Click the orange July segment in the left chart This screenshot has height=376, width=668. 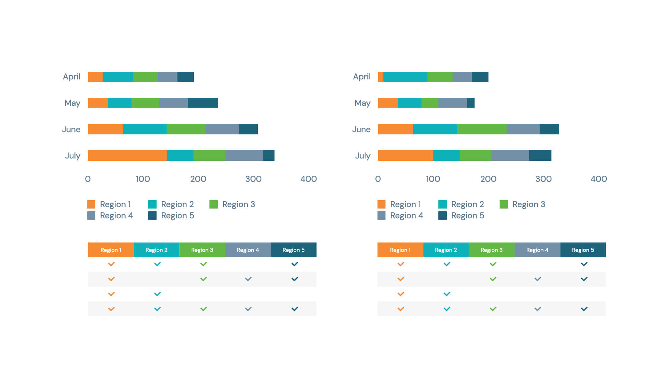tap(127, 155)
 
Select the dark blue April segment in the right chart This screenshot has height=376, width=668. tap(480, 77)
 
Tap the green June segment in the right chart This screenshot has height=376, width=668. tap(481, 129)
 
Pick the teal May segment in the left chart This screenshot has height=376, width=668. tap(119, 103)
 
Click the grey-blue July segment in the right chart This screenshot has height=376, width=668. tap(510, 155)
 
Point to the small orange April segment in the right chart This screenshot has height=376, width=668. tap(381, 77)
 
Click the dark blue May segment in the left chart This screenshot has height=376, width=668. tap(203, 103)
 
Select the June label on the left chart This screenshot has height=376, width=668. tap(71, 130)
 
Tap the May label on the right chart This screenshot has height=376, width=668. tap(362, 103)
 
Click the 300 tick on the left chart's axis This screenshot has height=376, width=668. tap(253, 179)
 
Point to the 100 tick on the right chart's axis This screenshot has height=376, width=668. tap(433, 179)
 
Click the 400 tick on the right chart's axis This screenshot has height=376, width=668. tap(598, 179)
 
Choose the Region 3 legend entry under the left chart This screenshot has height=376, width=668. tap(232, 204)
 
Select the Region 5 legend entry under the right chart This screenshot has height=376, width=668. tap(461, 216)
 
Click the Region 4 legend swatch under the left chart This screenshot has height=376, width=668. tap(91, 216)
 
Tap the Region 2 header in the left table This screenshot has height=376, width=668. tap(156, 250)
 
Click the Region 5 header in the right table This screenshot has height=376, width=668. tap(583, 250)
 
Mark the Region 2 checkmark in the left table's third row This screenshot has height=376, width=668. tap(157, 294)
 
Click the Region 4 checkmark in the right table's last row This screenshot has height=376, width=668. tap(538, 309)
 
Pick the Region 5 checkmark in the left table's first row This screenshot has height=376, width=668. tap(294, 264)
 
